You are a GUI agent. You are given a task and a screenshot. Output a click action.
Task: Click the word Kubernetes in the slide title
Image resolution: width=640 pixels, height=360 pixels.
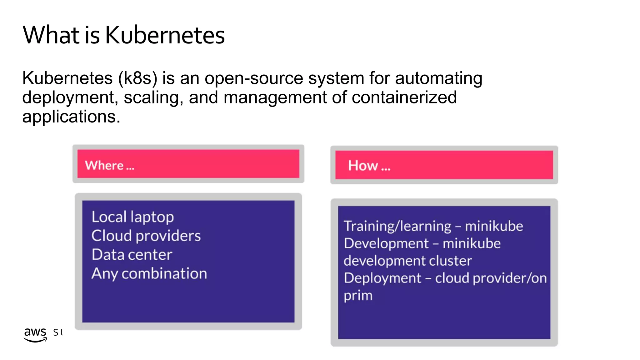pos(165,35)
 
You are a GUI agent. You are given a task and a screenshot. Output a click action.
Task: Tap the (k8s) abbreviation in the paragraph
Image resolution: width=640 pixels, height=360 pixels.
pos(137,78)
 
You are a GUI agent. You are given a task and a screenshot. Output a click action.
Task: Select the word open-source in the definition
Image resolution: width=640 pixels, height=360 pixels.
pos(254,78)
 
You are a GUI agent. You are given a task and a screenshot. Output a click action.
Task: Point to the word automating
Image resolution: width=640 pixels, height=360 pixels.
pos(438,78)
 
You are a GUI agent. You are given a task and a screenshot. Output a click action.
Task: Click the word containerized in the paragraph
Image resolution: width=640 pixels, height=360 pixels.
pos(404,97)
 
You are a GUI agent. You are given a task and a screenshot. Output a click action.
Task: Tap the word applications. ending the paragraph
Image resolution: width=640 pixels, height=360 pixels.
pos(71,117)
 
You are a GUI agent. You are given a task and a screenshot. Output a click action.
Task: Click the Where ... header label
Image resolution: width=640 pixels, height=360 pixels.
pos(109,165)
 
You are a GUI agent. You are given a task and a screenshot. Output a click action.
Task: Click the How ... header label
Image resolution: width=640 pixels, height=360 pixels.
pos(369,165)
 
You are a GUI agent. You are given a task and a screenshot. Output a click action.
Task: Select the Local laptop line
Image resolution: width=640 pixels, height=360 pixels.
pos(132,217)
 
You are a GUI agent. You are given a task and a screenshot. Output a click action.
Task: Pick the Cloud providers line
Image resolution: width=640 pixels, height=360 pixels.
pos(146,236)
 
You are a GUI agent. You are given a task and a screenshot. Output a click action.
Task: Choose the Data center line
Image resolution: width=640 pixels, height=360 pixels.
pos(132,254)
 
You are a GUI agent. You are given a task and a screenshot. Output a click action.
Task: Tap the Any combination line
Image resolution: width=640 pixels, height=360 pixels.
pos(149,273)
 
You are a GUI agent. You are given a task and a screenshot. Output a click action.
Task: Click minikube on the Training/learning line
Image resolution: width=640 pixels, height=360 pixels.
pos(494,226)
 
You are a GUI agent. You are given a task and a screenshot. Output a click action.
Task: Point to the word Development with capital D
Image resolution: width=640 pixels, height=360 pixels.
pos(386,243)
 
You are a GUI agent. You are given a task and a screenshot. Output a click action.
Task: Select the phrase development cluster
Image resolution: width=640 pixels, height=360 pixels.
pos(407,261)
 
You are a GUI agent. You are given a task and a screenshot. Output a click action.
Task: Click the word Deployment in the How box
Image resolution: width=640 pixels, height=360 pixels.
pos(382,278)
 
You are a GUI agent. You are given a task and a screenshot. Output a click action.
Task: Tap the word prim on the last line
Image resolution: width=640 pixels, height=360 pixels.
pos(358,296)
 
